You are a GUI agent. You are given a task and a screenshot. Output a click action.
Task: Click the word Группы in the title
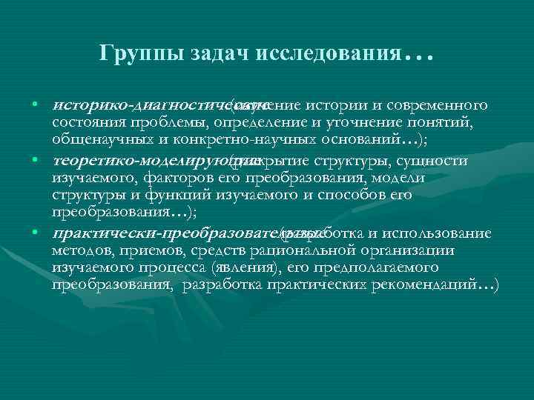click(130, 54)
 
